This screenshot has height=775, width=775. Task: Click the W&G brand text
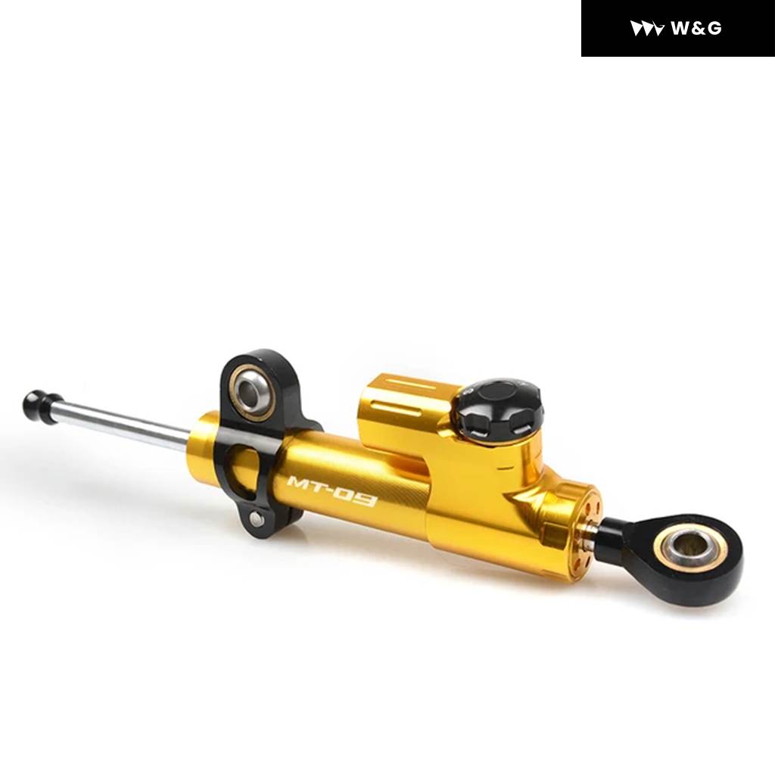coord(696,28)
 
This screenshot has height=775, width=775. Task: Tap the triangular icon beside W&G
coord(646,28)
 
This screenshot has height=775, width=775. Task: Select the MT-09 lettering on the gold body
coord(331,491)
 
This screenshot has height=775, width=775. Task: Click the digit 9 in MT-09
coord(366,500)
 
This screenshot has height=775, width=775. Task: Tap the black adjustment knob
coord(500,408)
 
